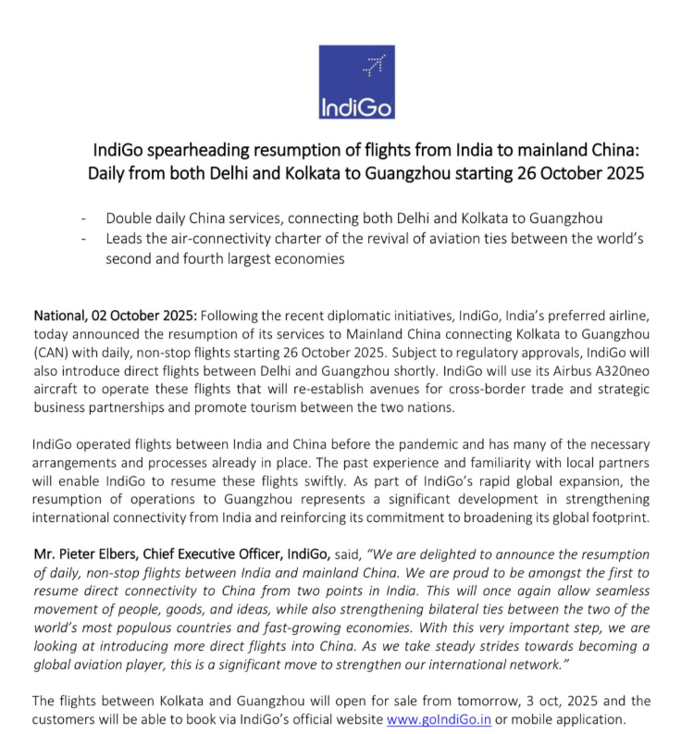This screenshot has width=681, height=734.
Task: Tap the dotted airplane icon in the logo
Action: (x=374, y=65)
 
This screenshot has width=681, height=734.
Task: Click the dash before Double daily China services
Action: (x=85, y=218)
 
